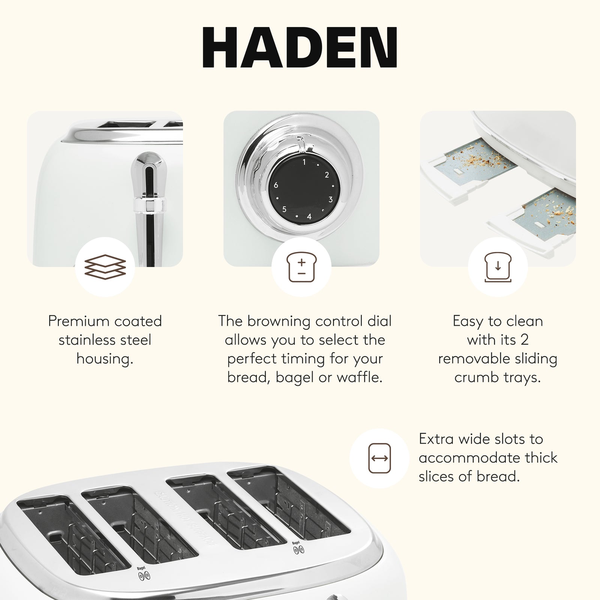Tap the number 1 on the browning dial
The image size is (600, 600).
point(304,162)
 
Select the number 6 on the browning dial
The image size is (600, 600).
point(276,185)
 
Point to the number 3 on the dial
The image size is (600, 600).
point(330,199)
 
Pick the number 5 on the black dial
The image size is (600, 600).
point(284,209)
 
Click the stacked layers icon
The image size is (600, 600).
point(105,267)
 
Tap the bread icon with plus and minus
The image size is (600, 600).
point(301,267)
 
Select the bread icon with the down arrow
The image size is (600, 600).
point(498,267)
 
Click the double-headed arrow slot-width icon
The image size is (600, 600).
point(379,458)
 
